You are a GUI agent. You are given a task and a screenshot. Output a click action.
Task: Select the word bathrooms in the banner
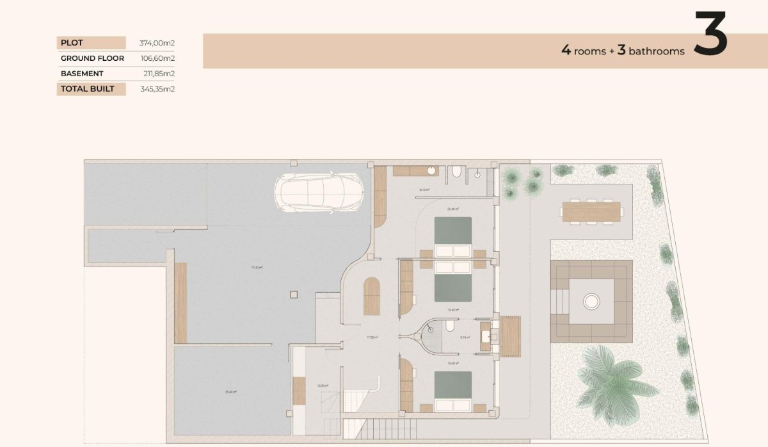tap(657, 51)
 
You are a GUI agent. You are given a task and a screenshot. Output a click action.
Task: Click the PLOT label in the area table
tap(72, 43)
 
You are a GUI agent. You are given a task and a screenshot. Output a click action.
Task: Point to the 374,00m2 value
tap(157, 43)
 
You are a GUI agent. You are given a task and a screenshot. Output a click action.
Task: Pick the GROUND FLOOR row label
tap(92, 58)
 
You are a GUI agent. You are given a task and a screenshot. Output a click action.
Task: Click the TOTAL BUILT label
tap(87, 89)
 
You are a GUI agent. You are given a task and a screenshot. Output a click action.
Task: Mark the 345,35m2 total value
tap(157, 89)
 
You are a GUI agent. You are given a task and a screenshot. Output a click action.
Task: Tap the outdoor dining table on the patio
tap(591, 212)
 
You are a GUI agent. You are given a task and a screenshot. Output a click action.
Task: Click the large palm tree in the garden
tap(608, 378)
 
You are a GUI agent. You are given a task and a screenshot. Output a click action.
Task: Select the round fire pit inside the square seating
tap(591, 300)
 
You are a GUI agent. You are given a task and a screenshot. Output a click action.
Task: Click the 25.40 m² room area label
tap(231, 392)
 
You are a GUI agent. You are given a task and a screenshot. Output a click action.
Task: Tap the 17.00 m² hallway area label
tap(372, 337)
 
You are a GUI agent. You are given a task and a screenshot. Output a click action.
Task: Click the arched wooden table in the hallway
tap(372, 296)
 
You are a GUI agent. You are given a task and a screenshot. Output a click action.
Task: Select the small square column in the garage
tap(294, 295)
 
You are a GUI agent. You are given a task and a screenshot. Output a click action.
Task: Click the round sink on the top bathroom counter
tap(432, 171)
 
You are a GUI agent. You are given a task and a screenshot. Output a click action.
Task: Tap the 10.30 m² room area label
tap(323, 386)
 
